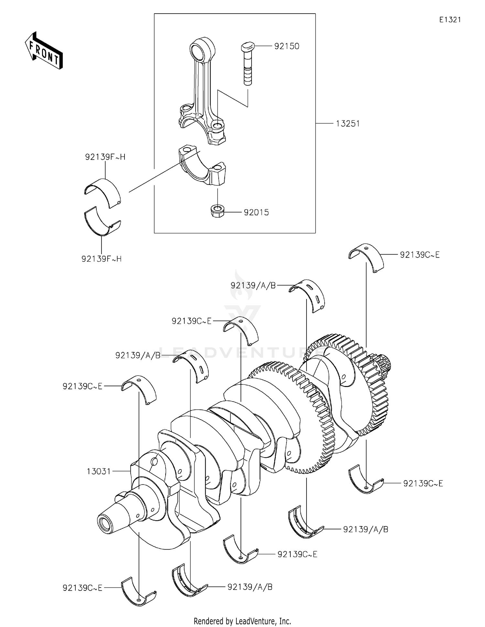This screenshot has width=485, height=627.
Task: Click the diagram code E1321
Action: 450,20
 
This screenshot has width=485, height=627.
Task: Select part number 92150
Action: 286,46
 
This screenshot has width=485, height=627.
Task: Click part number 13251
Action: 348,124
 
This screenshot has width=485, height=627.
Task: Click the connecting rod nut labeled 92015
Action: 216,211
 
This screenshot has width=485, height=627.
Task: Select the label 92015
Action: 256,213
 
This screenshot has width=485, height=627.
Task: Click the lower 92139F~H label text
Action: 102,259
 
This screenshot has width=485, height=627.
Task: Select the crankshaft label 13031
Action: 99,471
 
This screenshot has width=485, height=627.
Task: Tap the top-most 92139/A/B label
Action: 253,285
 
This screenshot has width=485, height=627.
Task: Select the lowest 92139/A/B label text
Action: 250,587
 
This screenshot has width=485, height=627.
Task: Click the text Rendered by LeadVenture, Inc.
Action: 242,621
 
